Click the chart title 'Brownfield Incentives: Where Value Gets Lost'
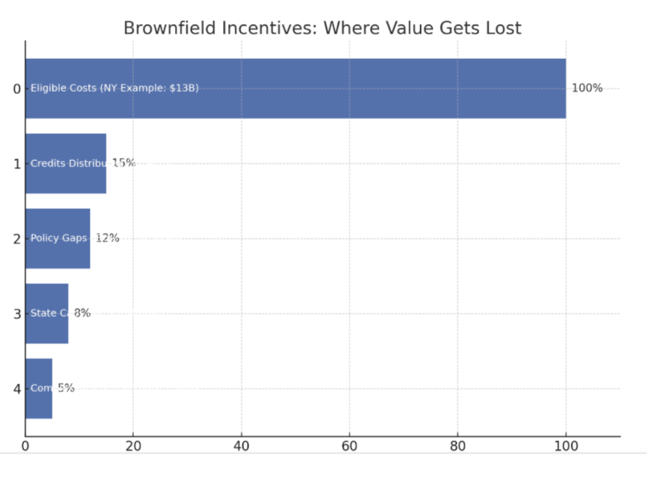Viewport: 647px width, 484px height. tap(322, 28)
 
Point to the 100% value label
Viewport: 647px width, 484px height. tap(587, 88)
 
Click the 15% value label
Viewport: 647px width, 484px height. tap(124, 163)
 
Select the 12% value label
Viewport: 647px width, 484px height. tap(107, 238)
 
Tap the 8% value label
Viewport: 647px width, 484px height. tap(82, 313)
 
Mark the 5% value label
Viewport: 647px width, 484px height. tap(66, 388)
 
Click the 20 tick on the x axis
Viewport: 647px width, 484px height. tap(133, 446)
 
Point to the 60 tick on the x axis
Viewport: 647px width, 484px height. tap(349, 446)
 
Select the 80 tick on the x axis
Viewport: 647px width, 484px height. tap(457, 446)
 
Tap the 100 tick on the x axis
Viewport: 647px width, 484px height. tap(565, 446)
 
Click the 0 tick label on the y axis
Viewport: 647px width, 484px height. tap(17, 89)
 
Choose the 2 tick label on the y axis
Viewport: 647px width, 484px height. tap(17, 239)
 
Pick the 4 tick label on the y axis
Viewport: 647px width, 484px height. tap(17, 389)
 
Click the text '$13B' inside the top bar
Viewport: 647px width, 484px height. tap(183, 88)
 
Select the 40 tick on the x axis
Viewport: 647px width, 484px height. tap(241, 446)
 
